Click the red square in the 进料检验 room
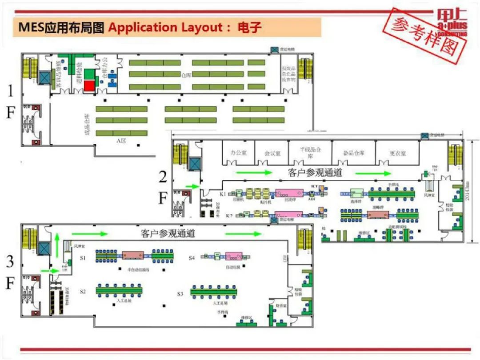90,85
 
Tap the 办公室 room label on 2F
238,152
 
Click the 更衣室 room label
398,153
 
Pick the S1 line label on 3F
83,258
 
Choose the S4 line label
192,258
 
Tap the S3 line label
180,294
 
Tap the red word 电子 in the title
249,28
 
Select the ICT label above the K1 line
314,185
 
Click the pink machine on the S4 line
233,256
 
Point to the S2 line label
83,292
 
